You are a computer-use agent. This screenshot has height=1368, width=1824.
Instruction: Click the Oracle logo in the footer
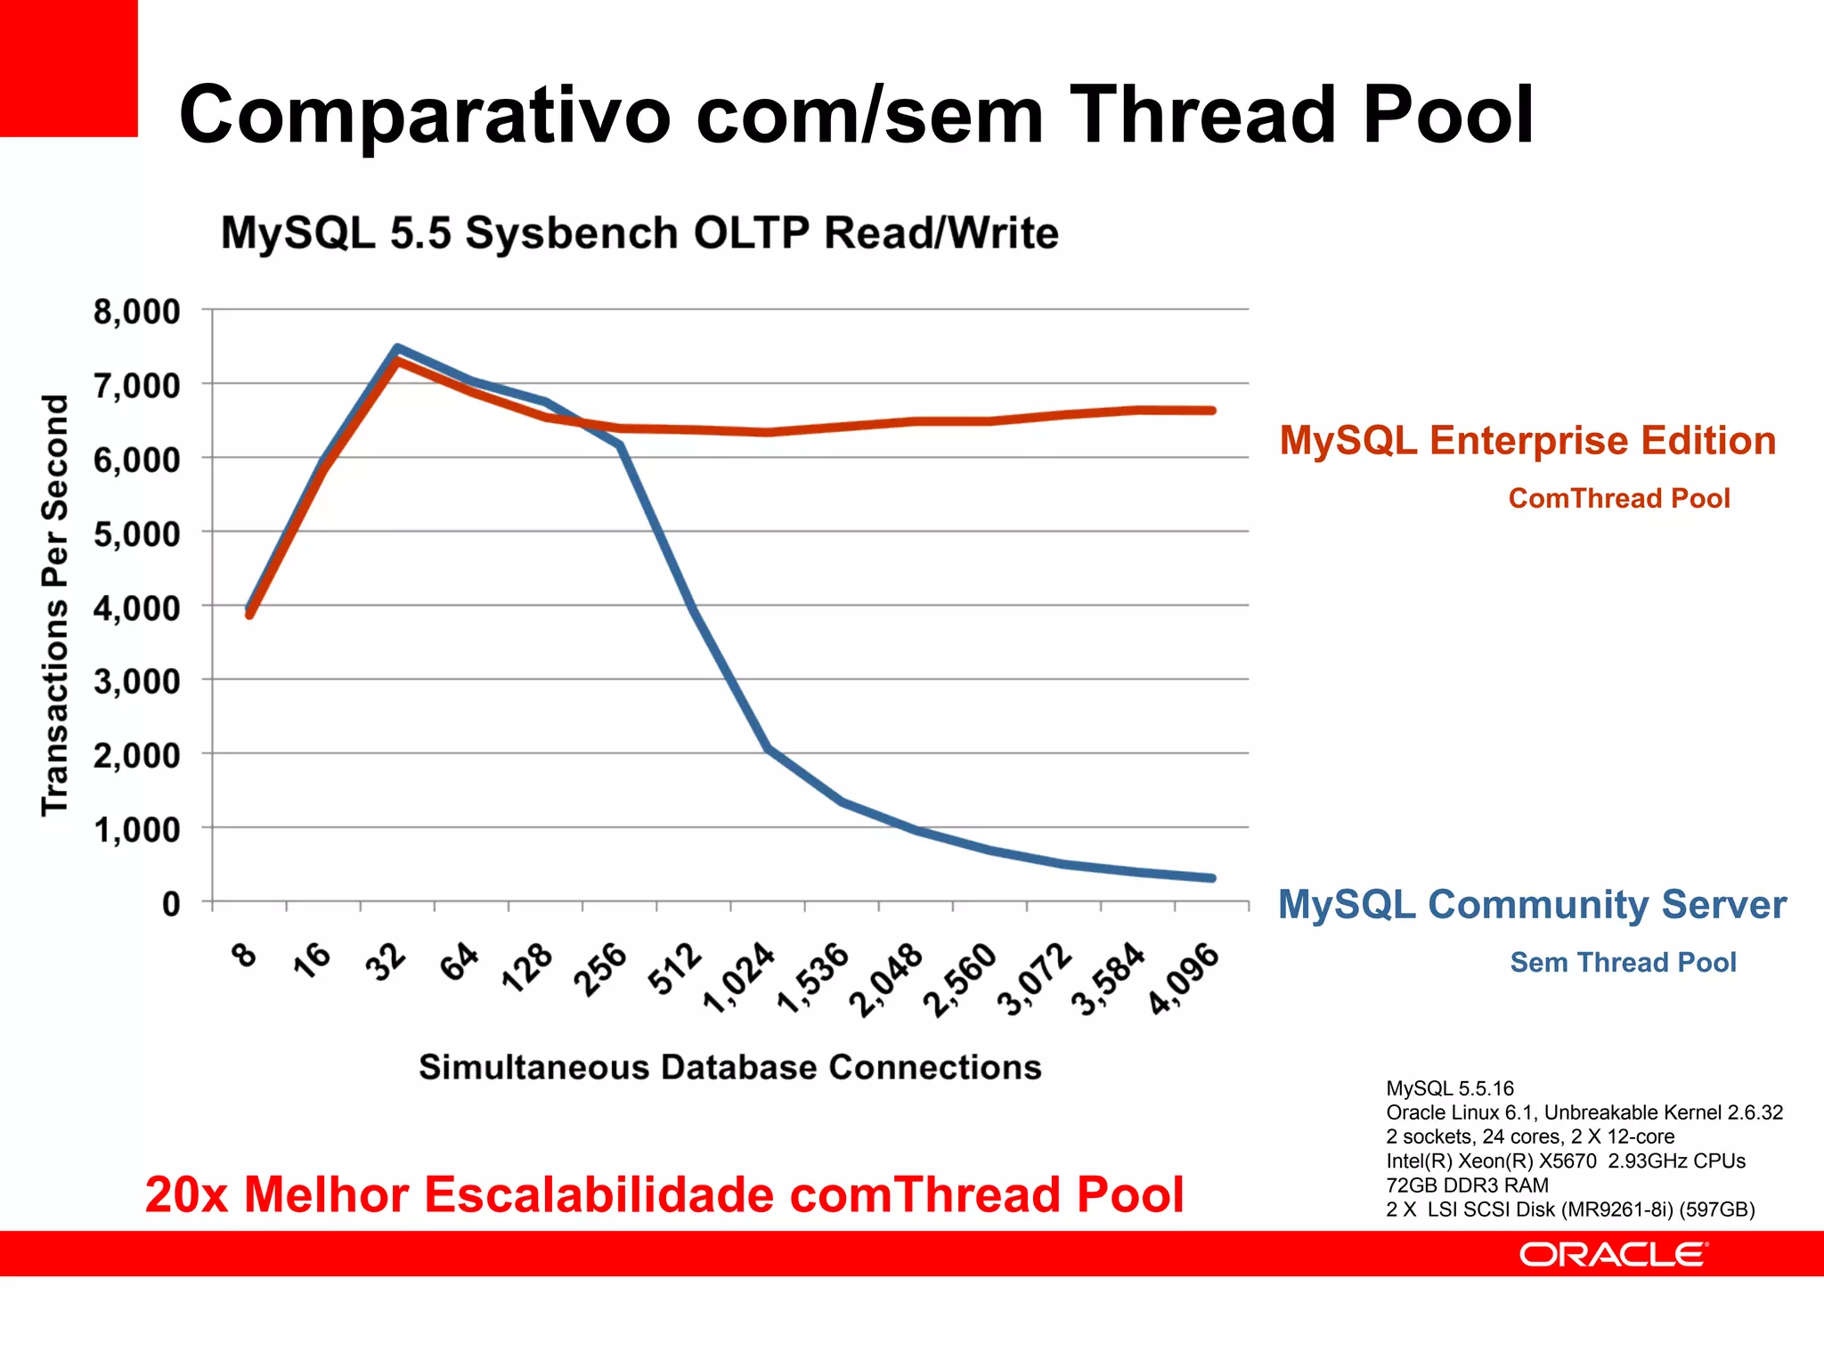[1612, 1255]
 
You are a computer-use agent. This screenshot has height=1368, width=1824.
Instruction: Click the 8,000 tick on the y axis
[136, 312]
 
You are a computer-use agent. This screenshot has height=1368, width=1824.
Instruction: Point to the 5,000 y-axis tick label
[136, 534]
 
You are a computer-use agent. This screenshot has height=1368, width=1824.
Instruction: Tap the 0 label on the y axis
[170, 904]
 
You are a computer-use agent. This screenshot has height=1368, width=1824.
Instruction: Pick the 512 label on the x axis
[674, 969]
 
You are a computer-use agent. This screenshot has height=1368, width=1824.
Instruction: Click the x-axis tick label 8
[243, 955]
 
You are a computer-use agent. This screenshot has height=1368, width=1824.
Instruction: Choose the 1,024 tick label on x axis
[739, 978]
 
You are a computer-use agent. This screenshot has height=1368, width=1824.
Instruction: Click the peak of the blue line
[397, 348]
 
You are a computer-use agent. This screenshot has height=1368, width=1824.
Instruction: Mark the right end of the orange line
[1212, 411]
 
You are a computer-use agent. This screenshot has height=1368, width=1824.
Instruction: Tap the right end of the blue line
[1212, 878]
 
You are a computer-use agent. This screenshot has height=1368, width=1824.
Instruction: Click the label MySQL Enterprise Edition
[1527, 441]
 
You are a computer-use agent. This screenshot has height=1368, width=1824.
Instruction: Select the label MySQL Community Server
[1532, 905]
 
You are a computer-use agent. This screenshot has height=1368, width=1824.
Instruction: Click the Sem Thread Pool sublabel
[1623, 962]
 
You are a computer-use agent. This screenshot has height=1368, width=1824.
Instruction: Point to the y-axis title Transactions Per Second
[55, 606]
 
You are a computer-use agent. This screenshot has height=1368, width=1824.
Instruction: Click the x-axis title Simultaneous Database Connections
[730, 1067]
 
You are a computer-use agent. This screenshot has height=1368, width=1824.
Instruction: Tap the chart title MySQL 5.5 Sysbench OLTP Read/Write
[639, 233]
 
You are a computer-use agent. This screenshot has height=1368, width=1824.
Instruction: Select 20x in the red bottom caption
[186, 1194]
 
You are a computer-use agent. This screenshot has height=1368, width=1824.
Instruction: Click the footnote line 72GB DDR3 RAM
[1467, 1185]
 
